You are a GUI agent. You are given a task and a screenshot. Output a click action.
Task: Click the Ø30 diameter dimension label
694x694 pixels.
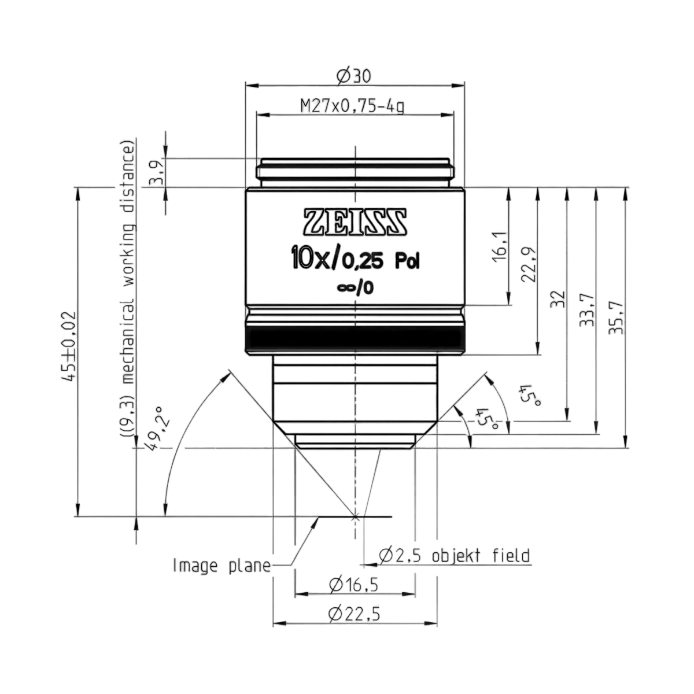pyautogui.click(x=353, y=76)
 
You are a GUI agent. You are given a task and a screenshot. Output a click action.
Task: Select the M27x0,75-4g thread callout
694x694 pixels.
pyautogui.click(x=352, y=106)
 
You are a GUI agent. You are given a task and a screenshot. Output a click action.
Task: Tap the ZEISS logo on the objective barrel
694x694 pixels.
pyautogui.click(x=356, y=222)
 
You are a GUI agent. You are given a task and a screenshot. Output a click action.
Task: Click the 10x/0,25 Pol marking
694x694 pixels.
pyautogui.click(x=356, y=261)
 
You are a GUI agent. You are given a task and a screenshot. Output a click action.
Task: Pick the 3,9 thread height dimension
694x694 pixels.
pyautogui.click(x=157, y=172)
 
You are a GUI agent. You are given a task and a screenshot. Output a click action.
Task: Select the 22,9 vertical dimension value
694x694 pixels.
pyautogui.click(x=529, y=265)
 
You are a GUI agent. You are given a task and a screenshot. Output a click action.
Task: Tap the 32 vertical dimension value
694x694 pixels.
pyautogui.click(x=558, y=300)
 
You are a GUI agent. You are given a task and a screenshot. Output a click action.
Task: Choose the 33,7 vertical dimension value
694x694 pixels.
pyautogui.click(x=587, y=311)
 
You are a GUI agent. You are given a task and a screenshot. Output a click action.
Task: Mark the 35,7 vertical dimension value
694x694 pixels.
pyautogui.click(x=616, y=318)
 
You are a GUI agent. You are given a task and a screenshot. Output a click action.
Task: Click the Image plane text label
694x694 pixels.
pyautogui.click(x=222, y=566)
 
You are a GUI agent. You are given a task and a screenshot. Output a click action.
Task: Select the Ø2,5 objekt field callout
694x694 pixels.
pyautogui.click(x=455, y=556)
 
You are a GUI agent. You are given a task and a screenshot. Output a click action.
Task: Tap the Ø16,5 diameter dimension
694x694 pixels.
pyautogui.click(x=353, y=585)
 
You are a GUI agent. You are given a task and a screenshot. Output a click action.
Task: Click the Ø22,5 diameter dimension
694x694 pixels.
pyautogui.click(x=355, y=614)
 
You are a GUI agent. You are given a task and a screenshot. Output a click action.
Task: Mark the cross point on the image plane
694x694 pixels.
pyautogui.click(x=356, y=517)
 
